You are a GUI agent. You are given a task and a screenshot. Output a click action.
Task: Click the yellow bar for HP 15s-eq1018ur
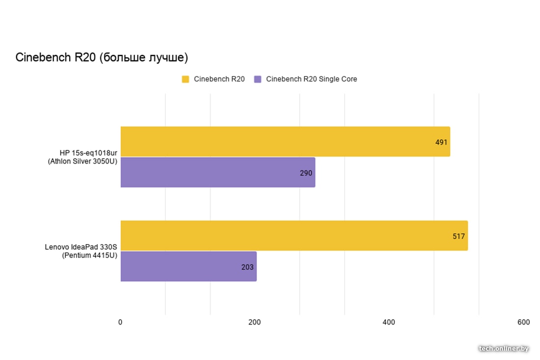click(285, 141)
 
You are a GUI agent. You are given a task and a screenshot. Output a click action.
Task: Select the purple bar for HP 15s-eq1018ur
click(217, 172)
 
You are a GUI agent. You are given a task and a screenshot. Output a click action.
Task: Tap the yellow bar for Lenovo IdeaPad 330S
click(294, 236)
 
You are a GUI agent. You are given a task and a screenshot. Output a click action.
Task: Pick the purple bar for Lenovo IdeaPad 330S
click(188, 267)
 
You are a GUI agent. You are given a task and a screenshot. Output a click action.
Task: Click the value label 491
click(441, 142)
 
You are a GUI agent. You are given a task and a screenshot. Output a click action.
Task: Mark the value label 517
click(459, 236)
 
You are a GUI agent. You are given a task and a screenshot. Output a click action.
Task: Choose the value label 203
click(247, 267)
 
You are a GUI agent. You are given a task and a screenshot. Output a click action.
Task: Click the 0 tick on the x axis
click(120, 322)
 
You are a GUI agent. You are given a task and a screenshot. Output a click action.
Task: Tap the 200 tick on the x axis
click(254, 322)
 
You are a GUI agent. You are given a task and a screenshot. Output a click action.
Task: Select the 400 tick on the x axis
click(389, 322)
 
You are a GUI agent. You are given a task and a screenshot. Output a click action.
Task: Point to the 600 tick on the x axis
click(523, 322)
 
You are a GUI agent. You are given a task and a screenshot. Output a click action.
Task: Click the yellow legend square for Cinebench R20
click(186, 79)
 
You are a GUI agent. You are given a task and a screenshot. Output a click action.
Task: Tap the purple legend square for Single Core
click(258, 79)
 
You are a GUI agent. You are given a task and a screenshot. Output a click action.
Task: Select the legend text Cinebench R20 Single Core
click(311, 79)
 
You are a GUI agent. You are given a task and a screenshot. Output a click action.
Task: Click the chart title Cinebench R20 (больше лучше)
click(102, 57)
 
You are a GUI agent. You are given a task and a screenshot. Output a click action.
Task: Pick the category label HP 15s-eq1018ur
click(88, 153)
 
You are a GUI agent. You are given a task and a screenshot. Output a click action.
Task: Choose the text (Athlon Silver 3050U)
click(82, 161)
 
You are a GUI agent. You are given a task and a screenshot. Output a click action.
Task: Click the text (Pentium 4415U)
click(90, 255)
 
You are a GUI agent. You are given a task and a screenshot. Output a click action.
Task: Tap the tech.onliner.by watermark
click(504, 348)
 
